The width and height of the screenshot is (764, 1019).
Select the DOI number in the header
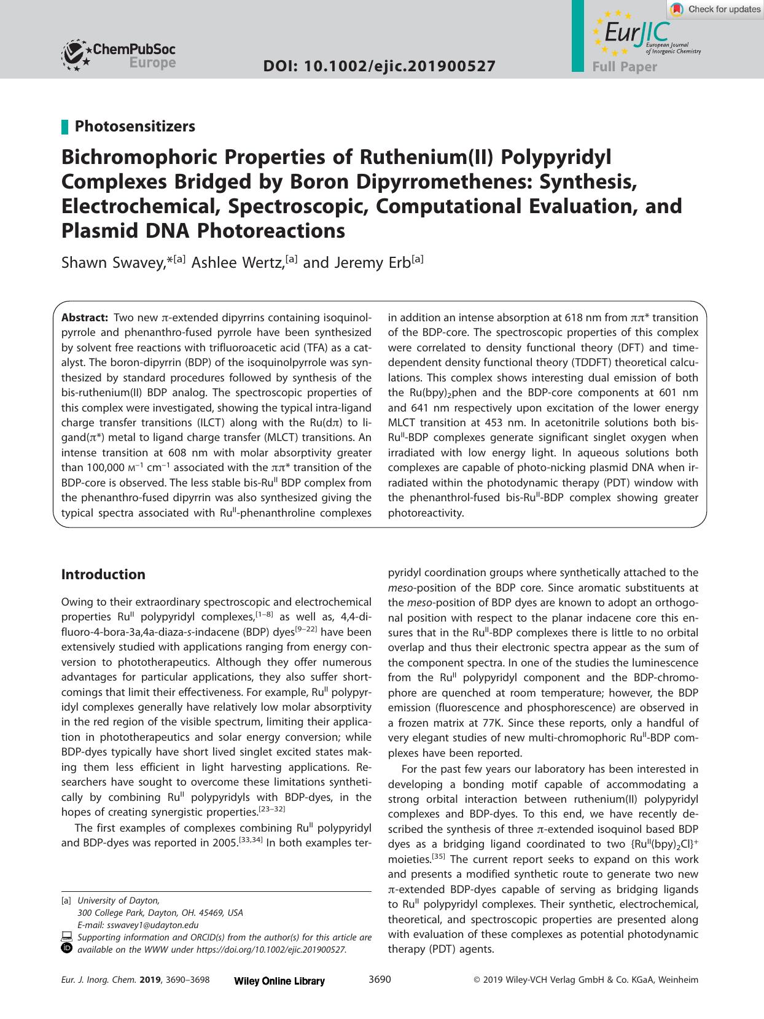(379, 66)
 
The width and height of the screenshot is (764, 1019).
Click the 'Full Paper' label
(624, 67)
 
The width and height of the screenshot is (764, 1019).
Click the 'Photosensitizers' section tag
(134, 126)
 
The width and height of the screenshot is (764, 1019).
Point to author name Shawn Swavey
(113, 262)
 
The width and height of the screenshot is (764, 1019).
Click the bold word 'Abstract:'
(85, 318)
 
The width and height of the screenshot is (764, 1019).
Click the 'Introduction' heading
(103, 574)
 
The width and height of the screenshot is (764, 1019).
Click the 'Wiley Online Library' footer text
(279, 981)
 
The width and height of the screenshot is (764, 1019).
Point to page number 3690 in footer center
(380, 980)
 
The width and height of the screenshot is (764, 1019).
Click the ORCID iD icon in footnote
(67, 948)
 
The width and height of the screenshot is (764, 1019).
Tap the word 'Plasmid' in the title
(99, 231)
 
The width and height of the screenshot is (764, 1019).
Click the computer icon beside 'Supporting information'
(67, 937)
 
